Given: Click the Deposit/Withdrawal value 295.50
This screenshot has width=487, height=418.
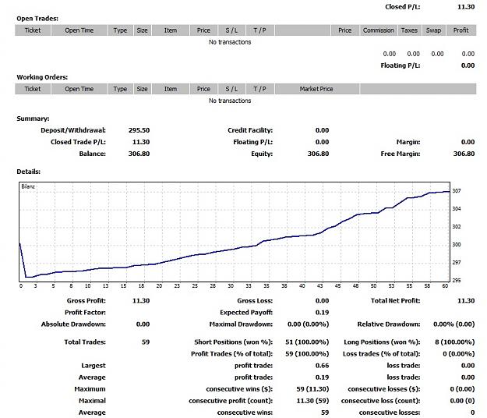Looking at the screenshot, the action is pyautogui.click(x=139, y=130).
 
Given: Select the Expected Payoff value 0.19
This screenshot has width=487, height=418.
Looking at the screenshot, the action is pyautogui.click(x=322, y=313).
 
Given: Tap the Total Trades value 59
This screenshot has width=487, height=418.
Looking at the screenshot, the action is pyautogui.click(x=146, y=342).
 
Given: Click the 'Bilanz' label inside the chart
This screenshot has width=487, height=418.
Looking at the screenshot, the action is pyautogui.click(x=28, y=186).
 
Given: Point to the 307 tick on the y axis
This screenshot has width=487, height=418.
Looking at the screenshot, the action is pyautogui.click(x=457, y=191).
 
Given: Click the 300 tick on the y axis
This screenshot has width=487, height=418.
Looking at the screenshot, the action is pyautogui.click(x=457, y=245).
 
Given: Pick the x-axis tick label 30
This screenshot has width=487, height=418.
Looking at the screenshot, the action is pyautogui.click(x=231, y=286).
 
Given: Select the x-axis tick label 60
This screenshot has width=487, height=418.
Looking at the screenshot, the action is pyautogui.click(x=445, y=286).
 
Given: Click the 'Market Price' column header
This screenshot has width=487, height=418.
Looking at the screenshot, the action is pyautogui.click(x=316, y=89).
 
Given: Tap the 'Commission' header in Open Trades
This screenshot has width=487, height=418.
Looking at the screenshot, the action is pyautogui.click(x=378, y=30).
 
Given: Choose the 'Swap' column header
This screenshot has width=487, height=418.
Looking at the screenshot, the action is pyautogui.click(x=433, y=30).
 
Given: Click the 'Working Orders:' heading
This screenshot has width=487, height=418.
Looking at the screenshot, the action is pyautogui.click(x=42, y=77).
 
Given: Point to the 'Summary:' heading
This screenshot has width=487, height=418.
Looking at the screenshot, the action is pyautogui.click(x=33, y=119).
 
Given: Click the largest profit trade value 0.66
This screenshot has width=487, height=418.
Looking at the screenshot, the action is pyautogui.click(x=322, y=366).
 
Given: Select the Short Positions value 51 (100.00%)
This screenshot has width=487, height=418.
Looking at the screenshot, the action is pyautogui.click(x=307, y=342).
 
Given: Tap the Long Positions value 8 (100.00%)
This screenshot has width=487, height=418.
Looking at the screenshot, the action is pyautogui.click(x=455, y=342).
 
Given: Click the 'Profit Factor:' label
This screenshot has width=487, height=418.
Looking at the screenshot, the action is pyautogui.click(x=85, y=313).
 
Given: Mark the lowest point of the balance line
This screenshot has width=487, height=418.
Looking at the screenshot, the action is pyautogui.click(x=26, y=277).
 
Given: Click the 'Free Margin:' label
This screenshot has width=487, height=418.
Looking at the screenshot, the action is pyautogui.click(x=401, y=154).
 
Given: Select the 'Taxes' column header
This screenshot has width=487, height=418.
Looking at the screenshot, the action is pyautogui.click(x=409, y=30).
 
